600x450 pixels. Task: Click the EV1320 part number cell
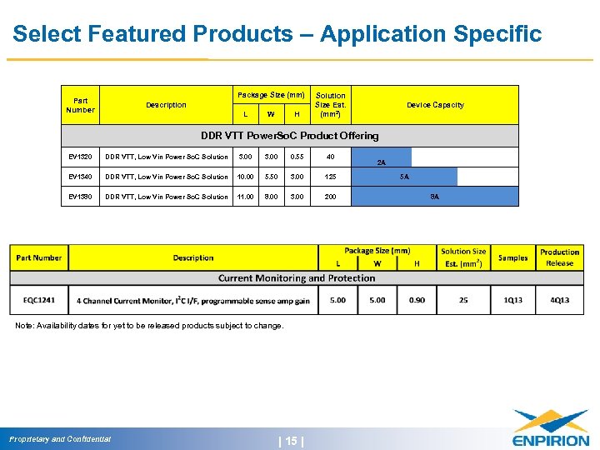[x=82, y=157]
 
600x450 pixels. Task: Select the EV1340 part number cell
[x=82, y=177]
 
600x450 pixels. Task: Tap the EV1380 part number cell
[x=82, y=197]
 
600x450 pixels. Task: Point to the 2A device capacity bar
[x=381, y=157]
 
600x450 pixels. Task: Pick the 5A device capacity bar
[x=404, y=177]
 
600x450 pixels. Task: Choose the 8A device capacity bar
[x=434, y=197]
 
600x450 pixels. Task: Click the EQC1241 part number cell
[x=40, y=300]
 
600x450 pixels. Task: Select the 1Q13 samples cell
[x=512, y=300]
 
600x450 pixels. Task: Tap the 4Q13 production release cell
[x=559, y=300]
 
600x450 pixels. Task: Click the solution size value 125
[x=331, y=177]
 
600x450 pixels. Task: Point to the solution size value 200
[x=331, y=197]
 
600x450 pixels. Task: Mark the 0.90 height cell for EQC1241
[x=417, y=300]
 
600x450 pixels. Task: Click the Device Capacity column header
[x=435, y=105]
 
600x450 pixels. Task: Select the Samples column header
[x=512, y=257]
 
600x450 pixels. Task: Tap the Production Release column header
[x=559, y=257]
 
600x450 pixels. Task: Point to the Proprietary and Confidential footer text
[x=60, y=439]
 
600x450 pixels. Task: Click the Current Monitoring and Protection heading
[x=297, y=278]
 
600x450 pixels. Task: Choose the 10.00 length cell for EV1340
[x=245, y=177]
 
